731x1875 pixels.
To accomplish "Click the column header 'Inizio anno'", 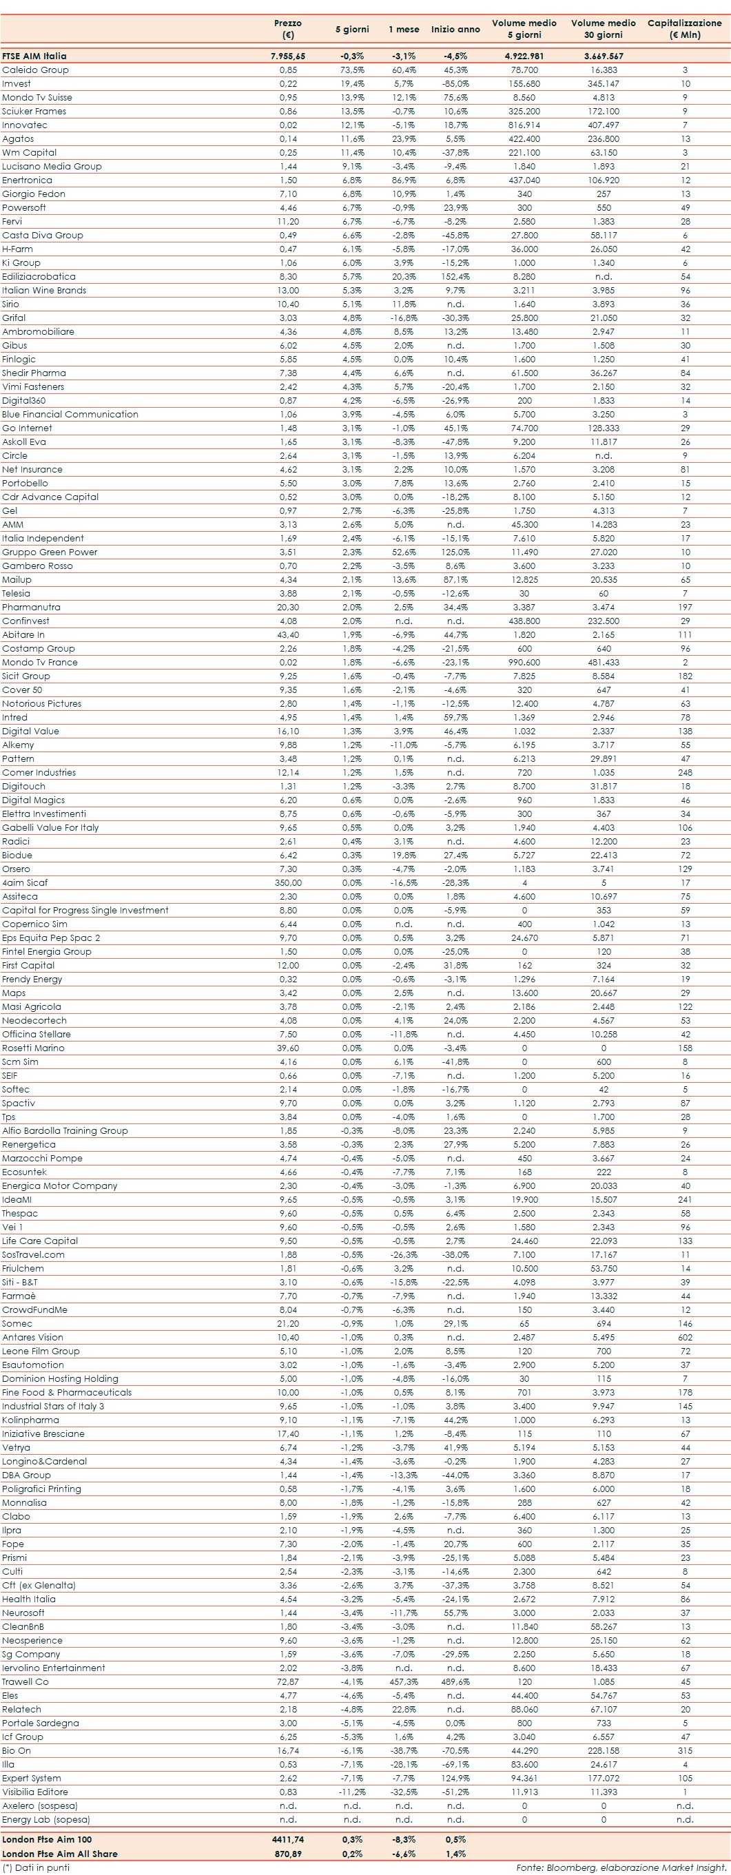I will [455, 29].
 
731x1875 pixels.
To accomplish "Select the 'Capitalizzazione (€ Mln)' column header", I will [684, 28].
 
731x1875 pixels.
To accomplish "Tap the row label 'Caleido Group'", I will [35, 70].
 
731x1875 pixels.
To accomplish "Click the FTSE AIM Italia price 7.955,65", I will [287, 56].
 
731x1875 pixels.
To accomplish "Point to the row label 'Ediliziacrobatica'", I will [39, 277].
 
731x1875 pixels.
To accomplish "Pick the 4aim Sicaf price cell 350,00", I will [287, 883].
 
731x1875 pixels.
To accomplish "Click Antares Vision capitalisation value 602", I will [684, 1337].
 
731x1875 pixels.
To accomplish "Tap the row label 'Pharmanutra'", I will [31, 607].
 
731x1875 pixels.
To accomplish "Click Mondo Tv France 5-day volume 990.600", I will [524, 663].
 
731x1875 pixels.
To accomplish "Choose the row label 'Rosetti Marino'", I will [33, 1048].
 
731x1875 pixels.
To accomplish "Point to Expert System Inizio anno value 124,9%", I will [455, 1778].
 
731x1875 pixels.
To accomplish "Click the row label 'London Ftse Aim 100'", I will [47, 1839].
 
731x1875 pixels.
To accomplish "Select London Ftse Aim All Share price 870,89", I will [287, 1853].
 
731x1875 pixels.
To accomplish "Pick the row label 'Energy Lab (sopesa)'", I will [46, 1820].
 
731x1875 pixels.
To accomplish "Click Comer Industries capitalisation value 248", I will [684, 772].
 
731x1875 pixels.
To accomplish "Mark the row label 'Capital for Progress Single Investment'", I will [85, 911].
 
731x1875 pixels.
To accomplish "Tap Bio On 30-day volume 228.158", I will [604, 1750].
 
